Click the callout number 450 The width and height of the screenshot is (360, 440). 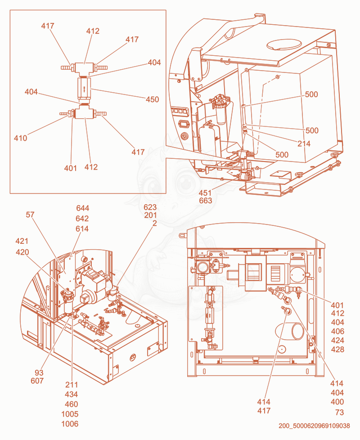point(153,99)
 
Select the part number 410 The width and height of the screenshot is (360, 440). point(21,138)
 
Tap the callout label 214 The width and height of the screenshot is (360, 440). point(304,144)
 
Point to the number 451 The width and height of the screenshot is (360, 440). point(205,193)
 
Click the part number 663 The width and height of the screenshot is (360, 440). point(205,201)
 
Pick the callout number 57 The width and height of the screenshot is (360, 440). point(30,215)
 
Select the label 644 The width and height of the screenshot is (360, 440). point(82,208)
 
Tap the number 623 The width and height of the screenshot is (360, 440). point(150,207)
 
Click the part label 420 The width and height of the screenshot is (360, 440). point(22,252)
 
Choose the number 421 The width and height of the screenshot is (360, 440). point(22,241)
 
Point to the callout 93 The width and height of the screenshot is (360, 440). point(39,373)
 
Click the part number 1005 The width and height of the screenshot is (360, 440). point(70,414)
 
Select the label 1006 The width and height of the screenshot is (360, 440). point(70,424)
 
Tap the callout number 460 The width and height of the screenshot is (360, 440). point(71,404)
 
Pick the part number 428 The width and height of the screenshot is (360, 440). point(337,350)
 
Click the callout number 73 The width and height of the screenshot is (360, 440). point(339,412)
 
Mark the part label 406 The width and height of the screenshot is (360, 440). point(337,331)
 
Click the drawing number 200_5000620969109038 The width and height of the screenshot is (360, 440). point(314,426)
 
